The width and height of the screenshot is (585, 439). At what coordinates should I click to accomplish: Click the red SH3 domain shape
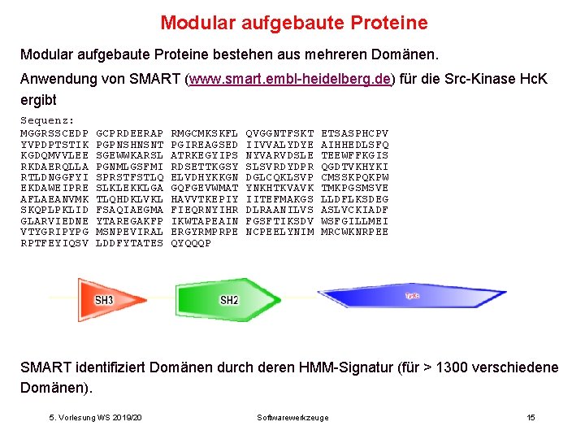click(105, 300)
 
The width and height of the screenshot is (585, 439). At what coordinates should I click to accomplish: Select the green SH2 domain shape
click(230, 300)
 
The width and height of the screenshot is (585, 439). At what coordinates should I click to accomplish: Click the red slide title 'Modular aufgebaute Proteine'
click(293, 23)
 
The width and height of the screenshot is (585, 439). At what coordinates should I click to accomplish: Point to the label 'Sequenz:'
click(47, 121)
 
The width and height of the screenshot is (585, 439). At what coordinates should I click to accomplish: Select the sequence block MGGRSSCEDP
click(54, 133)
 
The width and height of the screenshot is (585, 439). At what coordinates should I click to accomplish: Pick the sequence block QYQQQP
click(190, 243)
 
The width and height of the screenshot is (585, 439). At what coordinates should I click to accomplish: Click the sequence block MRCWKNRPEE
click(355, 232)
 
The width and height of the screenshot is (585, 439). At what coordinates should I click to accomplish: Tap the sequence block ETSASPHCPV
click(355, 133)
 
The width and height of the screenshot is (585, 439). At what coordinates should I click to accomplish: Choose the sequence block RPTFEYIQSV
click(54, 243)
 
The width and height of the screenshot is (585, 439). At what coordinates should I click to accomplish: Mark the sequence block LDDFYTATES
click(129, 243)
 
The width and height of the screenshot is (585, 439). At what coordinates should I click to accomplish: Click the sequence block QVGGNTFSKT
click(279, 133)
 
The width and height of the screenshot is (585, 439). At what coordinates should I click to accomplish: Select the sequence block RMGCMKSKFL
click(204, 133)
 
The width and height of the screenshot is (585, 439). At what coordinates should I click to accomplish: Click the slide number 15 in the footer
click(531, 417)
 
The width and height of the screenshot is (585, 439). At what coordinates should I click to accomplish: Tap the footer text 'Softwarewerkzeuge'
click(292, 417)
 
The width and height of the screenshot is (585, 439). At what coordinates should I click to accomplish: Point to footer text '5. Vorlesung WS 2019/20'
click(95, 417)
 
